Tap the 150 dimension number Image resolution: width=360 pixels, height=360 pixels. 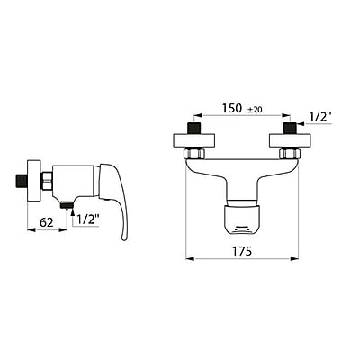tap(233, 108)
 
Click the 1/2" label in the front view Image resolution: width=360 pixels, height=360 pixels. tap(319, 115)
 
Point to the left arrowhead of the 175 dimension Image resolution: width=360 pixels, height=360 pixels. tap(189, 259)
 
